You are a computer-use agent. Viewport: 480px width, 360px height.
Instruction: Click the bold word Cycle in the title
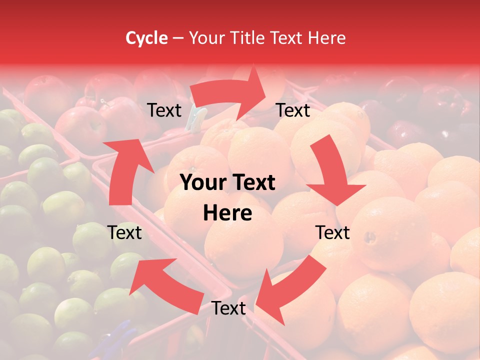click(146, 38)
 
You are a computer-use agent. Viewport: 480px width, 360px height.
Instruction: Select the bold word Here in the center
click(228, 213)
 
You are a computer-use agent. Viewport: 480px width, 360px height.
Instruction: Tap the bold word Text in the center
click(253, 183)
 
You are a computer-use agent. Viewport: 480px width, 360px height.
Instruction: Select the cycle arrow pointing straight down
click(332, 172)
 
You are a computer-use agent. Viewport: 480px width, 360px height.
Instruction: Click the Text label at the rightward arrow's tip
click(293, 110)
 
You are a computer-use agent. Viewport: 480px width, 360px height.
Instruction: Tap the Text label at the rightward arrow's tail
click(164, 110)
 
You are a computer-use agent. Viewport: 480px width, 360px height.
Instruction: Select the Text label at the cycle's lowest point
click(228, 308)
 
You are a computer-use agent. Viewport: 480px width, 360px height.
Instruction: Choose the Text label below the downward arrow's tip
click(332, 232)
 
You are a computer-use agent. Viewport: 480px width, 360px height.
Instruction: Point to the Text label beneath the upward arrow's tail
click(125, 232)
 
